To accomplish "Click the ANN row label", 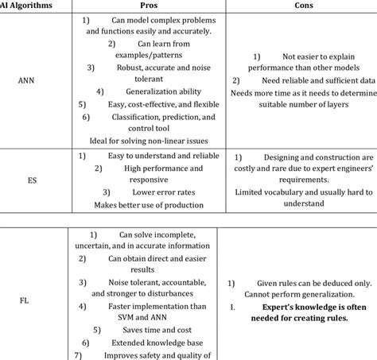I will (x=26, y=79).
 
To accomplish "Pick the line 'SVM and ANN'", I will (x=146, y=315).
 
